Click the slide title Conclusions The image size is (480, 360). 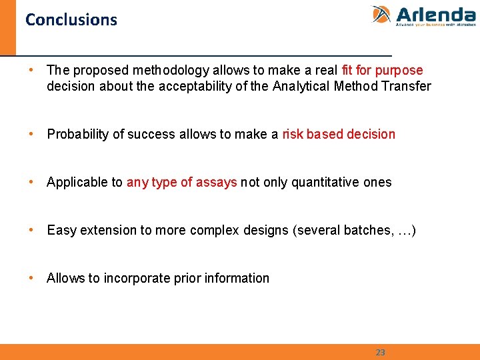coord(71,20)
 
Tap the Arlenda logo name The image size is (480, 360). coord(435,14)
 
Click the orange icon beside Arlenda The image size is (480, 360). coord(381,15)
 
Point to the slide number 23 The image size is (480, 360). coord(380,352)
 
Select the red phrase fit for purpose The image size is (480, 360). coord(382,70)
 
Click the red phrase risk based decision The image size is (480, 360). coord(339,134)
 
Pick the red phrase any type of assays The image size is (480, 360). coord(181,182)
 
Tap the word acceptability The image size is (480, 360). coord(193,86)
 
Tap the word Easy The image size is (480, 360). coord(61,230)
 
